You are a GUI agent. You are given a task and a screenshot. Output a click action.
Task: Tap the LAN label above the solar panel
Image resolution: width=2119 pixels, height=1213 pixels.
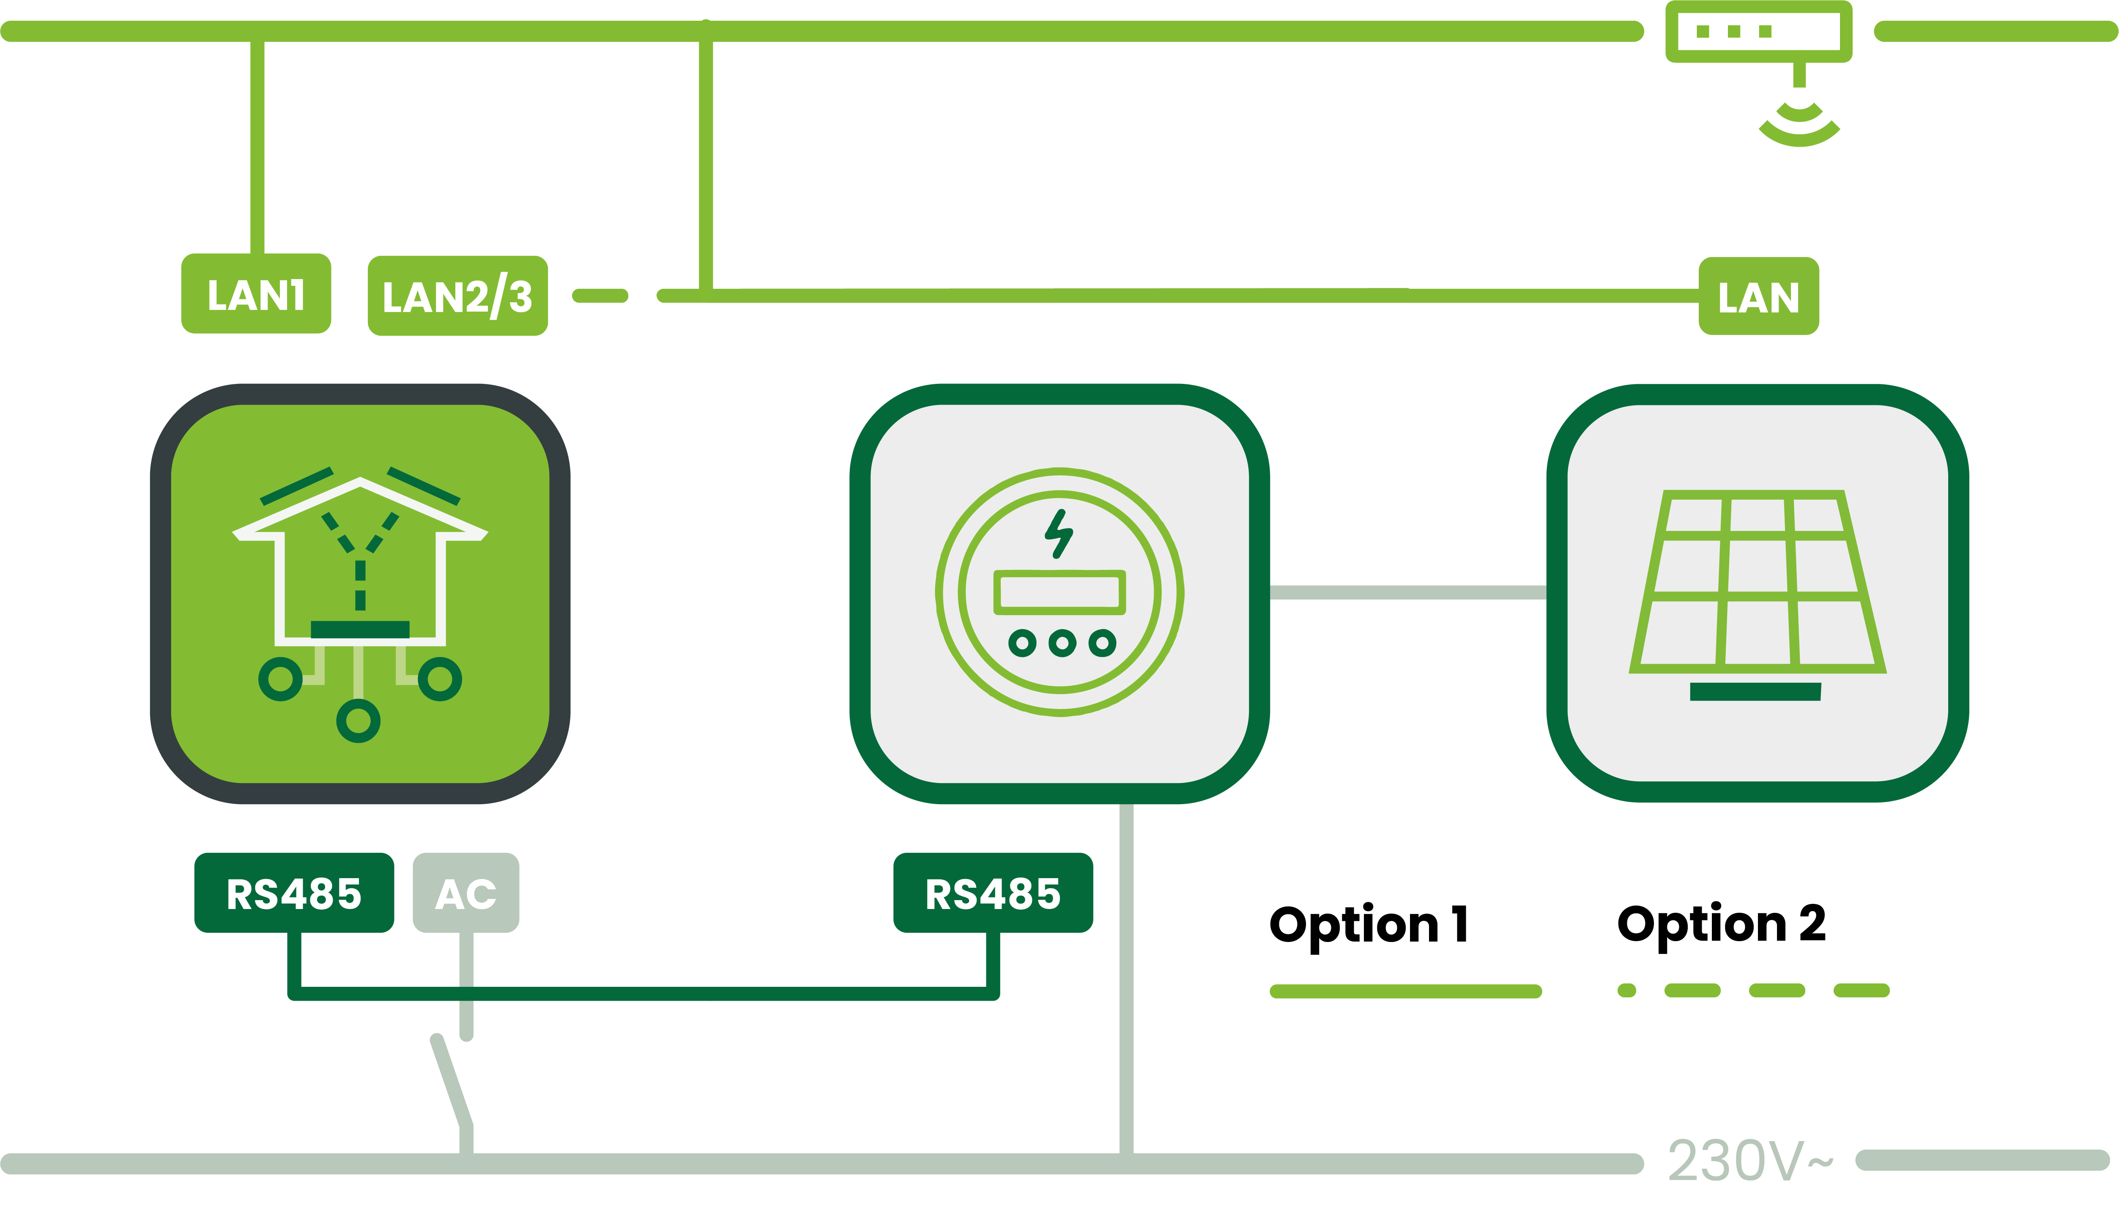tap(1758, 296)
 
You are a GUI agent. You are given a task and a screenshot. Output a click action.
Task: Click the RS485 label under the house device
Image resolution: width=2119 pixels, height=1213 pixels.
tap(294, 892)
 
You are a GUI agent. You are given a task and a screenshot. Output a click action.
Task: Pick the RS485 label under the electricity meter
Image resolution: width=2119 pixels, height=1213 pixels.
tap(993, 892)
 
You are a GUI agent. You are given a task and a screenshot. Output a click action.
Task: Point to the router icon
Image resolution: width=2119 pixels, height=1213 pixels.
tap(1758, 32)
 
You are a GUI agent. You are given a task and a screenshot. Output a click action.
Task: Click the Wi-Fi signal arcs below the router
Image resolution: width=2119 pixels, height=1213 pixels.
tap(1799, 123)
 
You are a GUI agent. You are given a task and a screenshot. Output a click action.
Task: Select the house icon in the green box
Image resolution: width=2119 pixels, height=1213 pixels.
tap(360, 604)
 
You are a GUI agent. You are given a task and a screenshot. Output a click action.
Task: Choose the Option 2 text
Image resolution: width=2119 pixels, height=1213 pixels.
tap(1721, 925)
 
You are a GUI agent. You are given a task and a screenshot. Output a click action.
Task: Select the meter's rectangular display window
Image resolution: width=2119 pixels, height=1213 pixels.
tap(1059, 592)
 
